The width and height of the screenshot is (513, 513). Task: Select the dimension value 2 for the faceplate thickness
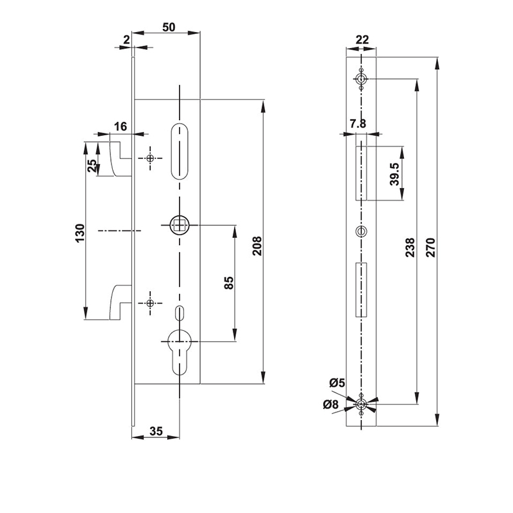click(x=126, y=40)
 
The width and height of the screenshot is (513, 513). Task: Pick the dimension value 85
click(x=228, y=282)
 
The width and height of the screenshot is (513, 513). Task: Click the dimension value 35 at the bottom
click(x=156, y=431)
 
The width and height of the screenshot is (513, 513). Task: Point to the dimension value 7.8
click(x=358, y=124)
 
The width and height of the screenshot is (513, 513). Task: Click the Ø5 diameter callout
click(x=337, y=383)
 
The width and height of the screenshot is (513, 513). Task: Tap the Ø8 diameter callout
click(x=331, y=404)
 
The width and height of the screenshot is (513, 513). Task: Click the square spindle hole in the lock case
click(x=178, y=225)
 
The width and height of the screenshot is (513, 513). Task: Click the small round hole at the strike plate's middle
click(x=362, y=231)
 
